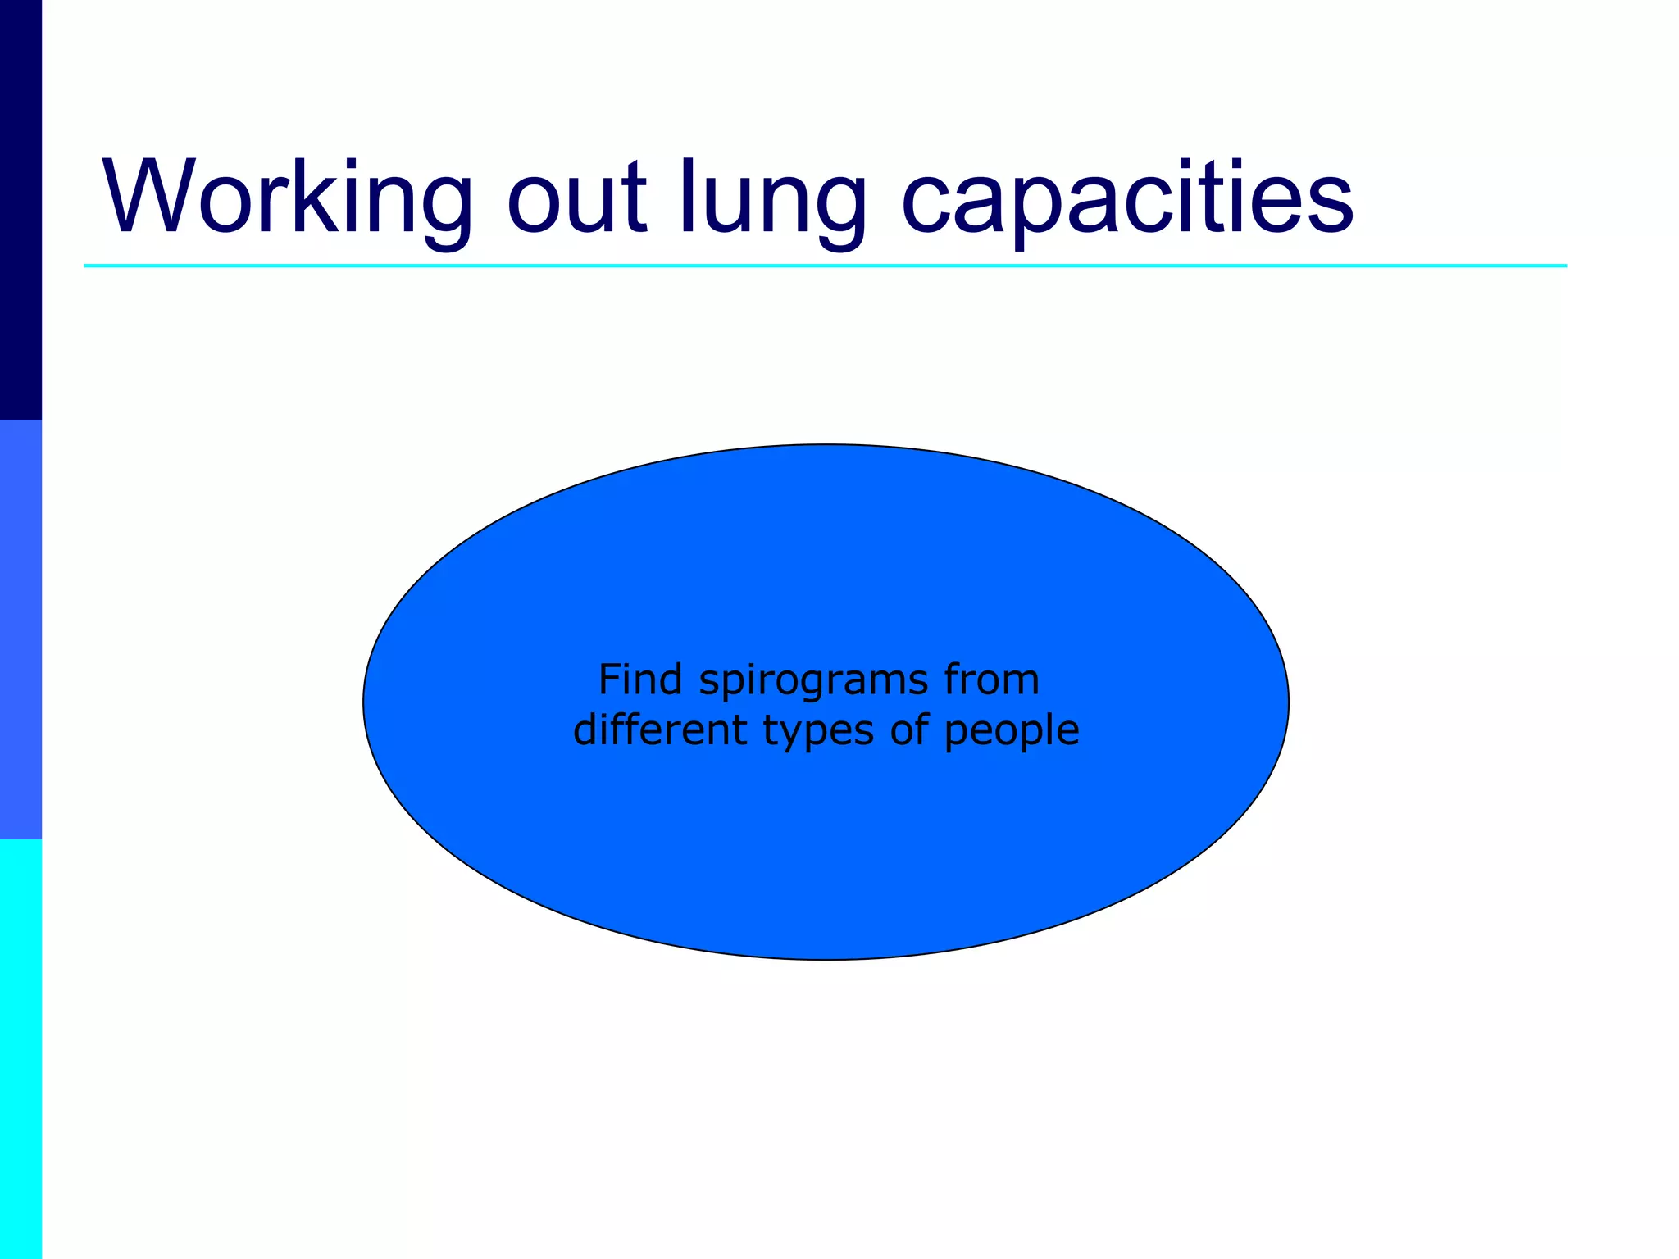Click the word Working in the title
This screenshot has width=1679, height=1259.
click(x=287, y=198)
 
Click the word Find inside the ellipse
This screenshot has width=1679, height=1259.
click(x=640, y=679)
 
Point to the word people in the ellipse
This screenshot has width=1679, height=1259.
click(x=1012, y=732)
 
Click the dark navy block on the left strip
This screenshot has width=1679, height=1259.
click(x=20, y=210)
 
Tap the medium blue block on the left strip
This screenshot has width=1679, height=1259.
click(x=20, y=629)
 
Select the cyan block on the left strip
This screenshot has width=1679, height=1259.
click(x=20, y=1049)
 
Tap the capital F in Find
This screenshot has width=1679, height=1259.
click(x=610, y=679)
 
